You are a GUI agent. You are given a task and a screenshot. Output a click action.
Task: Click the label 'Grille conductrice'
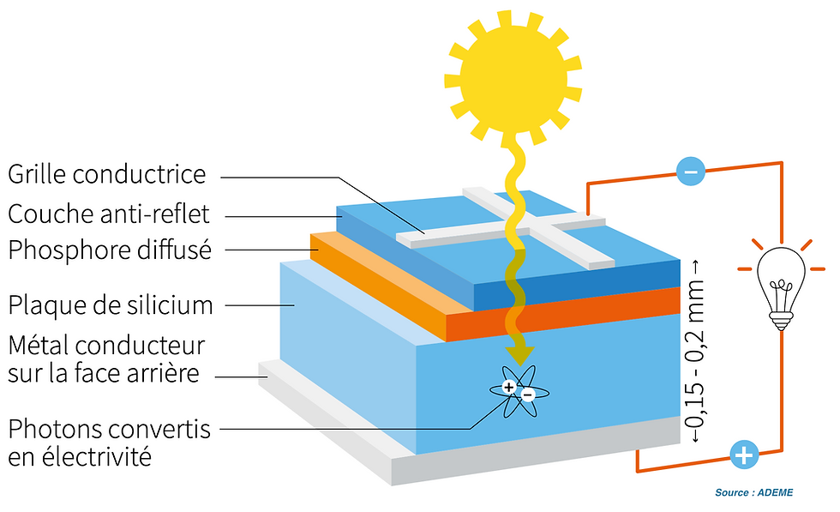(107, 175)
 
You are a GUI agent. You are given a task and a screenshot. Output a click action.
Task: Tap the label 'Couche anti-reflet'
(108, 213)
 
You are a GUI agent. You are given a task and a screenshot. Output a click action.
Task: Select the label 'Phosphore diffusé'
(109, 250)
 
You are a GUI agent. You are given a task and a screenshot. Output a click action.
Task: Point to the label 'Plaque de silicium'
(110, 304)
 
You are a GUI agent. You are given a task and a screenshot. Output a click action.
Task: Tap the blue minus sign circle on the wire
(691, 172)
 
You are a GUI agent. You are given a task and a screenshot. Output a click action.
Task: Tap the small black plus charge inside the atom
(509, 388)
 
